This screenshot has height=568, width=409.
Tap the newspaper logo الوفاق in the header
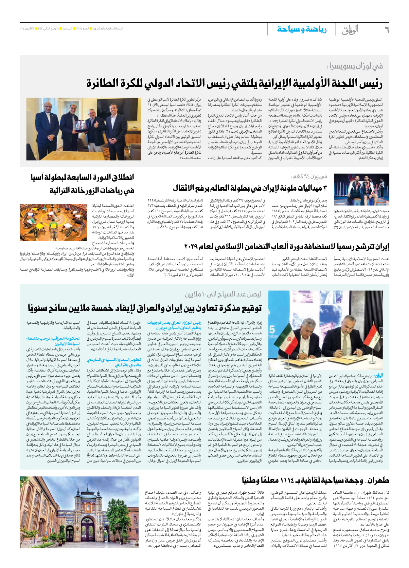point(350,30)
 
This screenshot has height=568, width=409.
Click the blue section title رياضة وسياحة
point(302,29)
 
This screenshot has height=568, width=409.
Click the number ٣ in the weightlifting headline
point(325,188)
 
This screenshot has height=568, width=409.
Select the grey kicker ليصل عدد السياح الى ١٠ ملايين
point(223,294)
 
